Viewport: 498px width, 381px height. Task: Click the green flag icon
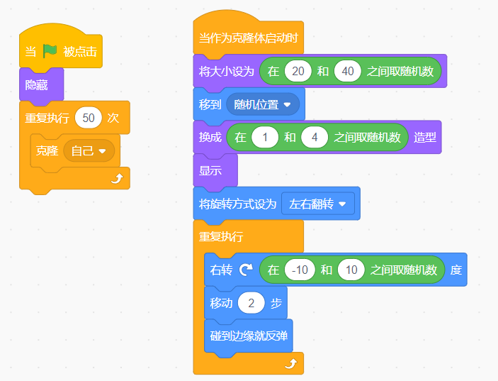coord(50,51)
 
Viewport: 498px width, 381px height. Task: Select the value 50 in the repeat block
coord(89,117)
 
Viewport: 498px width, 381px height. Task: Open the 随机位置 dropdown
coord(263,104)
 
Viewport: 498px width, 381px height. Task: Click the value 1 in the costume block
coord(264,137)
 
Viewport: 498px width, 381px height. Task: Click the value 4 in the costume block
coord(314,137)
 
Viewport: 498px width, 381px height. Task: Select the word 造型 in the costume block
coord(424,137)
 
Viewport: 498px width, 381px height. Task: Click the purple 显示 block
coord(210,170)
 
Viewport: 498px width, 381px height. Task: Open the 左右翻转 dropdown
coord(318,204)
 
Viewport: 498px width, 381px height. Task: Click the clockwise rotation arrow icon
coord(246,270)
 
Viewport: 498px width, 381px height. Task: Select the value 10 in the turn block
coord(351,270)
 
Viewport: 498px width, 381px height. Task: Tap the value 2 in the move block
coord(251,303)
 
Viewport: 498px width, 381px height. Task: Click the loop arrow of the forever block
coord(290,363)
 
